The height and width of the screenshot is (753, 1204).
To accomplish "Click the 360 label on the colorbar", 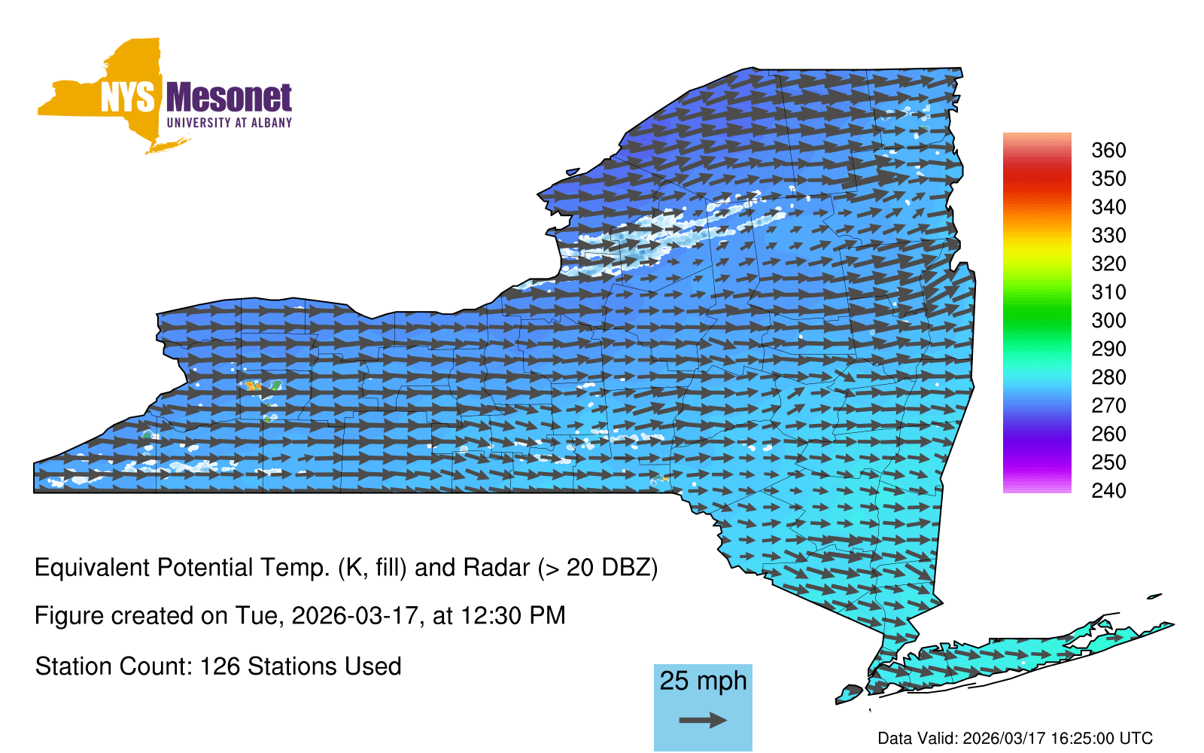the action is [x=1108, y=150].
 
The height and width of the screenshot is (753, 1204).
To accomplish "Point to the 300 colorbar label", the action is [x=1108, y=321].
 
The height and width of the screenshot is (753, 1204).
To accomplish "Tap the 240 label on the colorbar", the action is [x=1108, y=490].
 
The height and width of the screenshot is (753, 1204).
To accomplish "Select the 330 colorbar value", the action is [x=1108, y=235].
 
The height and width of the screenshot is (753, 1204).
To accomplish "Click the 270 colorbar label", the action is [x=1108, y=406].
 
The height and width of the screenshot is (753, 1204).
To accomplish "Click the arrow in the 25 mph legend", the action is [x=703, y=720].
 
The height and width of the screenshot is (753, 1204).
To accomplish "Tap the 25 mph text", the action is [x=703, y=681].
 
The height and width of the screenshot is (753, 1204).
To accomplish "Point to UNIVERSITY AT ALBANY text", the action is [x=230, y=123].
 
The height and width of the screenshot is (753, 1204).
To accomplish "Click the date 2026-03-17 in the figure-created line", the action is [x=354, y=616].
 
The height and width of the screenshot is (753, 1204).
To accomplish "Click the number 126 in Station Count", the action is [x=219, y=666].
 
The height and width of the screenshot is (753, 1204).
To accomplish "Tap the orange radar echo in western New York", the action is [x=251, y=385].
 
